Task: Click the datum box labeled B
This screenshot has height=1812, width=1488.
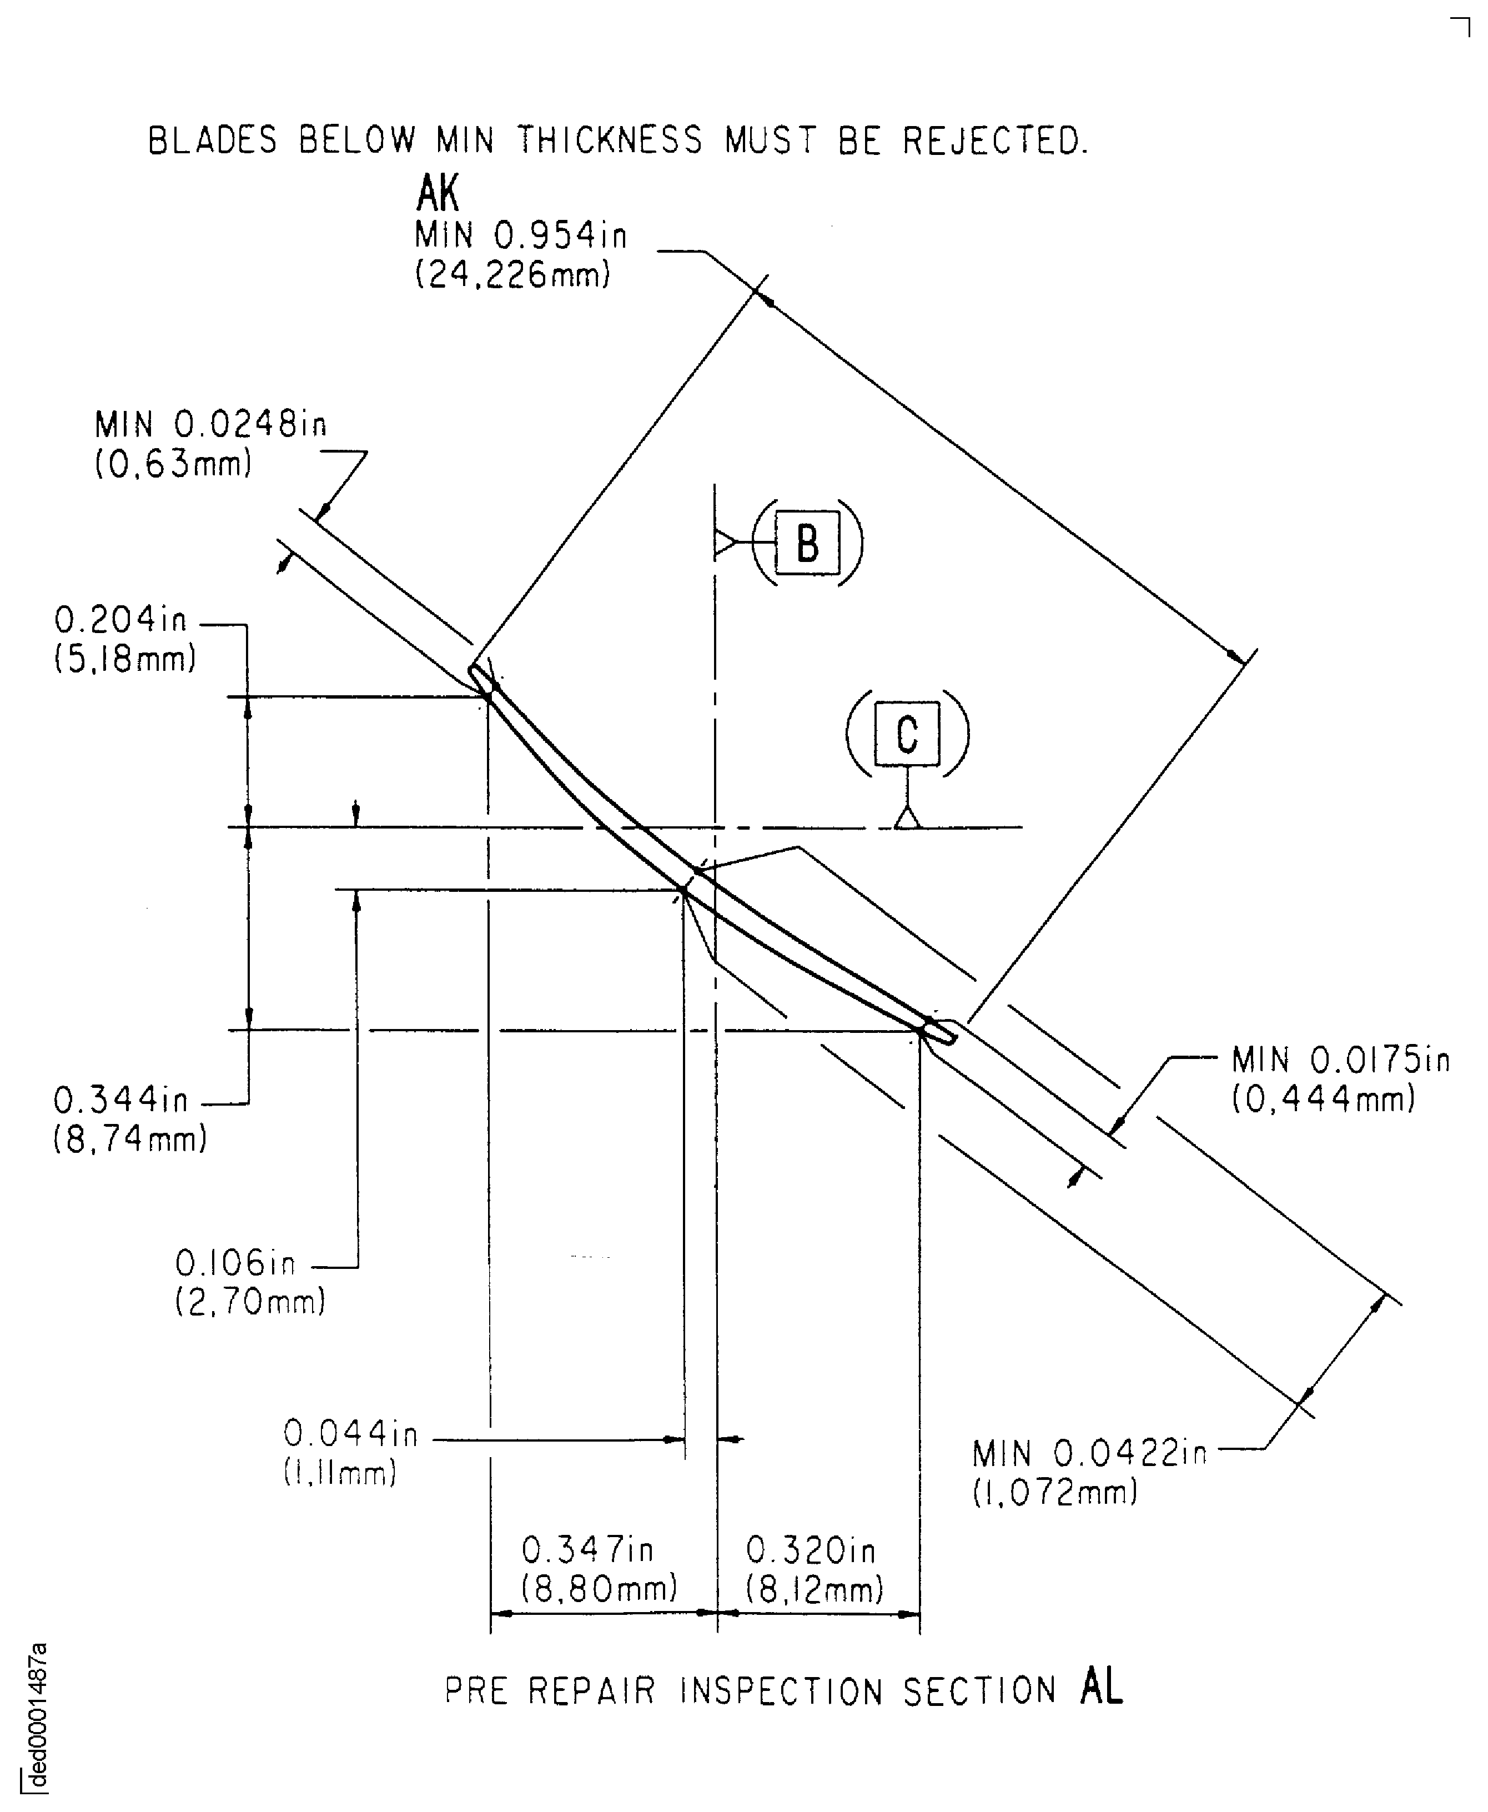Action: [807, 543]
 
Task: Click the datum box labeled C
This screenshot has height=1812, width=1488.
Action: [907, 734]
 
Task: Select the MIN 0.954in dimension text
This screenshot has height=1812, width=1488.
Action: [520, 235]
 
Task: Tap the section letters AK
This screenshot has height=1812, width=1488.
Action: [437, 193]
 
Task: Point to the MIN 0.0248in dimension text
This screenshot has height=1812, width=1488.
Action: [210, 424]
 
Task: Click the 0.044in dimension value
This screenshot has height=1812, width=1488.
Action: [350, 1433]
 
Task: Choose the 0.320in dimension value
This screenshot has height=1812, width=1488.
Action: [811, 1550]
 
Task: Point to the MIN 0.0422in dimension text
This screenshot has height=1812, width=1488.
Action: [1089, 1454]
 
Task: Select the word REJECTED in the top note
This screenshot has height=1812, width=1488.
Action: [994, 140]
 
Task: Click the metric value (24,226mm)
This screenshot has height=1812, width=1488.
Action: [512, 274]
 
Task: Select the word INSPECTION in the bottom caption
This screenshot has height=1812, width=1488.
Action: [782, 1691]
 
